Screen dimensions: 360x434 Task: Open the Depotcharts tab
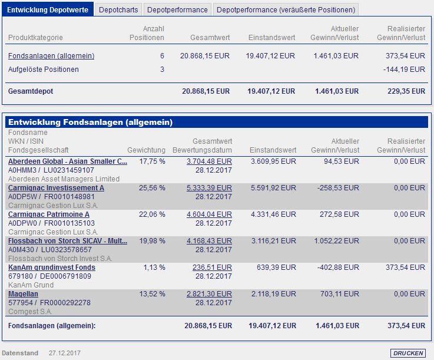click(118, 9)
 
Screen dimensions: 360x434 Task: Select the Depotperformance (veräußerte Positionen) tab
click(286, 9)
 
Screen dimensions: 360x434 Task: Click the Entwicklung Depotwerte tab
click(48, 9)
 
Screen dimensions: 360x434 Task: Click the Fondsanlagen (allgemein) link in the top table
click(51, 56)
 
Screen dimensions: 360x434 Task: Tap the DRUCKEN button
click(408, 353)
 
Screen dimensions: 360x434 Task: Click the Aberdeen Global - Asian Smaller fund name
click(68, 161)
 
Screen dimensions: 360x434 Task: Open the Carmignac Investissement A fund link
click(56, 187)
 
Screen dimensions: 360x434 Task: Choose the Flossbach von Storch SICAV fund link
click(68, 241)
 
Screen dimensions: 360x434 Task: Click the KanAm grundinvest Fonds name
click(52, 267)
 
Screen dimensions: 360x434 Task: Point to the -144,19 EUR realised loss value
click(404, 70)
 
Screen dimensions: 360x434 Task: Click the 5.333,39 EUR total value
click(209, 187)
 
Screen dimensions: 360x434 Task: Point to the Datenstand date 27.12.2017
click(65, 353)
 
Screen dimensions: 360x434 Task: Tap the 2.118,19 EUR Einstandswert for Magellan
click(273, 294)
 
